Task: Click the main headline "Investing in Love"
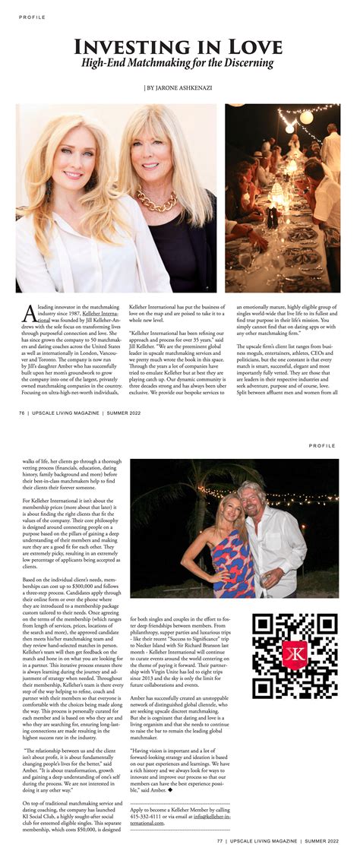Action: pos(178,46)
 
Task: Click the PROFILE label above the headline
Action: pos(33,17)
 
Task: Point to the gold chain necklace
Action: pos(158,201)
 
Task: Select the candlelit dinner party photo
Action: pos(282,198)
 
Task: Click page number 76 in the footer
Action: pos(23,413)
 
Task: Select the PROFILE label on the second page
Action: pos(323,447)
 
